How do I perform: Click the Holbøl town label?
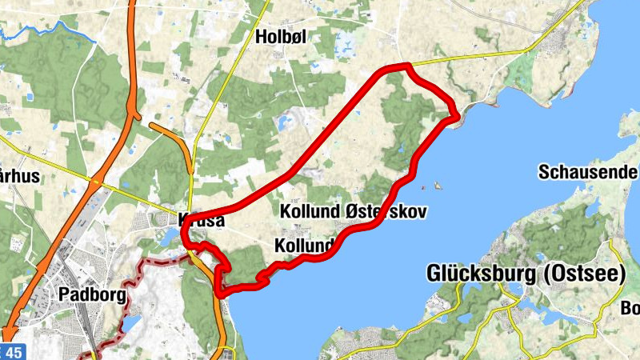281,36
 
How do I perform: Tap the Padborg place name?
93,294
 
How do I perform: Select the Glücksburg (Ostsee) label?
526,274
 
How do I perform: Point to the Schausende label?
588,172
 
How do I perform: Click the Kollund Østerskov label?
353,212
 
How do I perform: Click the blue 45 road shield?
14,352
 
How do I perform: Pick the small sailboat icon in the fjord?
438,186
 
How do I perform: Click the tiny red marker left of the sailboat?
422,188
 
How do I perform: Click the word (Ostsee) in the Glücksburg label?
585,274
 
